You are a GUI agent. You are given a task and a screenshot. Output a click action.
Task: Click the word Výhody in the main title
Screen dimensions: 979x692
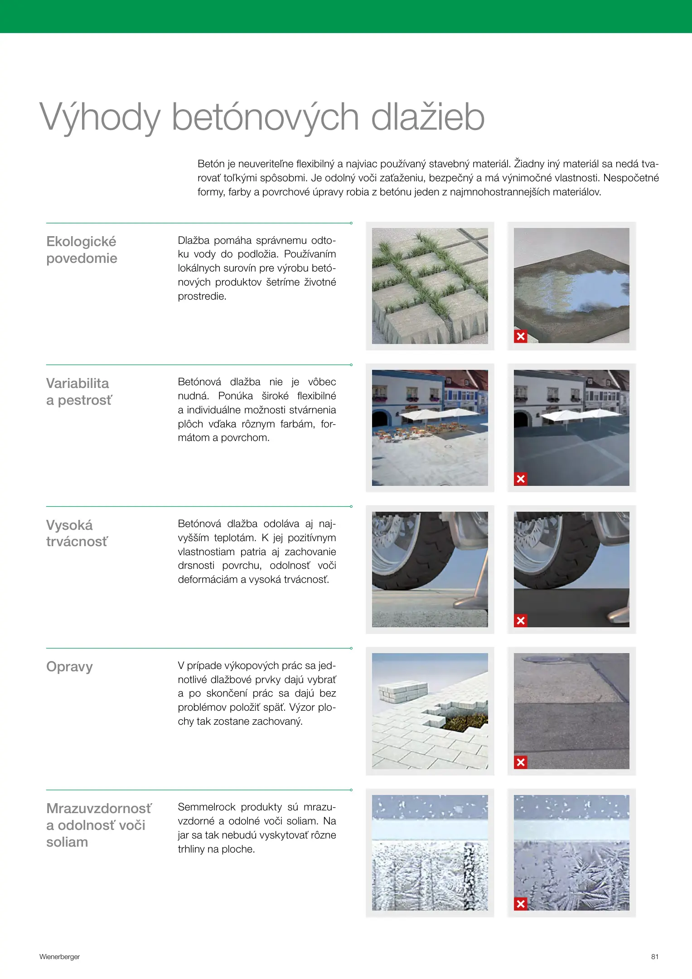pos(100,117)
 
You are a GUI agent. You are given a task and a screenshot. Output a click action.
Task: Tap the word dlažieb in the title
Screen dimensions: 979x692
pos(428,117)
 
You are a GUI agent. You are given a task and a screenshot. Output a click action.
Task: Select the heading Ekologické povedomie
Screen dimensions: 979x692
pos(82,250)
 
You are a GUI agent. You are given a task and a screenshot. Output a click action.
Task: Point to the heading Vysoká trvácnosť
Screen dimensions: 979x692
pos(77,533)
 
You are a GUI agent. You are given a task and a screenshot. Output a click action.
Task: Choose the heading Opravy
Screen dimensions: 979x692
pos(69,667)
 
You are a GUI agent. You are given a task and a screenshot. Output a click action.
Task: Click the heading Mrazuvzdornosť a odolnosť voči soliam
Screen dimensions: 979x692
pos(99,825)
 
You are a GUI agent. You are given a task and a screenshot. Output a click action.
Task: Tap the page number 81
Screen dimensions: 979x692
pos(654,957)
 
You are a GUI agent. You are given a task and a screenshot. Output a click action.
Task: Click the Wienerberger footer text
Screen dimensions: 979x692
pos(59,957)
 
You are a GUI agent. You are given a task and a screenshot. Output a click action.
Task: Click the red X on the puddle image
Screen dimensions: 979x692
pos(521,336)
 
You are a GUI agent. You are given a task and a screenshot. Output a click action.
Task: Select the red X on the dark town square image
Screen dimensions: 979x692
pos(521,479)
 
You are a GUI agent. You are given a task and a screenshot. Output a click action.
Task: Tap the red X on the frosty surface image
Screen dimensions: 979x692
pos(521,904)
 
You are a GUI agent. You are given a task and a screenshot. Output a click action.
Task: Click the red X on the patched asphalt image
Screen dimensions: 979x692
pos(521,762)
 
